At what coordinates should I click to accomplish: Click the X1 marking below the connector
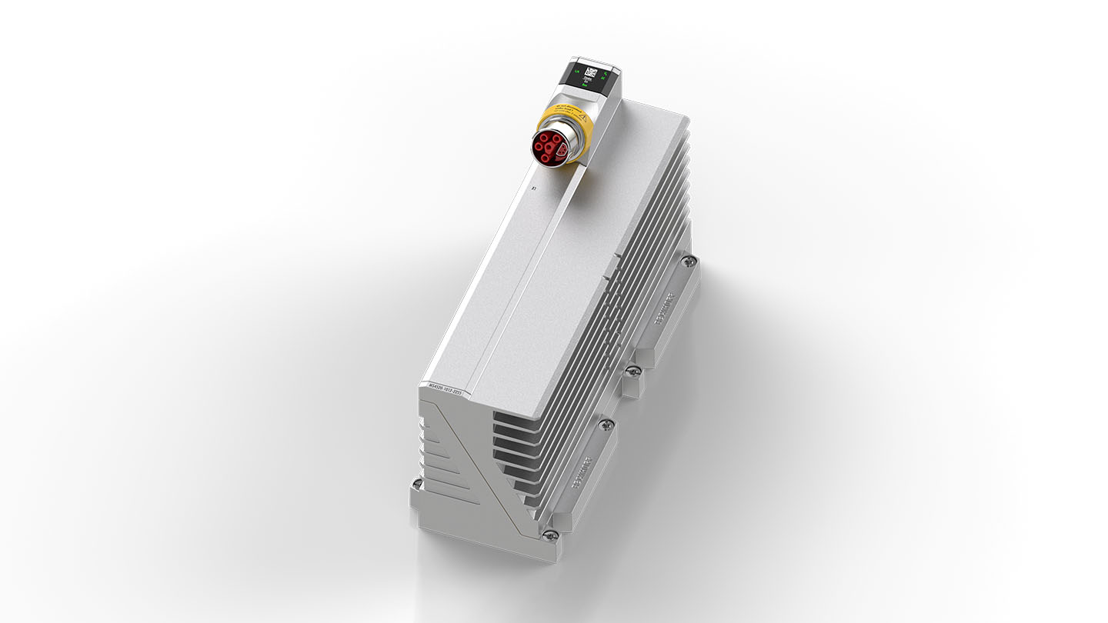[x=533, y=187]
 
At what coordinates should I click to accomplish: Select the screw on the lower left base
[x=417, y=484]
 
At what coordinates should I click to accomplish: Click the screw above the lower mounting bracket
[x=606, y=422]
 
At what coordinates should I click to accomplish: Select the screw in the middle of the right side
[x=632, y=371]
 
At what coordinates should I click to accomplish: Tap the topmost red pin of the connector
[x=548, y=135]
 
